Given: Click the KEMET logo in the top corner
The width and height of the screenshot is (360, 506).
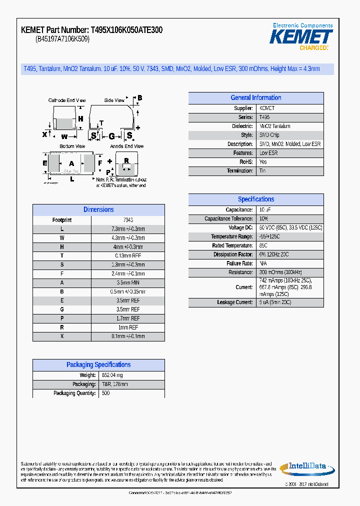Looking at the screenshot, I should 301,37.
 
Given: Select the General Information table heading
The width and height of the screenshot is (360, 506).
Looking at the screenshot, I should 255,98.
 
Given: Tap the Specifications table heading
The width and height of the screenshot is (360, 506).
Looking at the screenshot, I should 255,199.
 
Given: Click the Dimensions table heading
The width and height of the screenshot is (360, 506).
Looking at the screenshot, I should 98,210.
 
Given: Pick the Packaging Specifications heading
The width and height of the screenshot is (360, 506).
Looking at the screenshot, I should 98,365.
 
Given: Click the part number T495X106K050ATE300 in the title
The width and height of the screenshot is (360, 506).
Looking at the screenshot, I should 126,30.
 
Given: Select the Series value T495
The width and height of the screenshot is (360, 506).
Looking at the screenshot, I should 264,117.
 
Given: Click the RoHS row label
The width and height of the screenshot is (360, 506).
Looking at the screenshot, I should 246,162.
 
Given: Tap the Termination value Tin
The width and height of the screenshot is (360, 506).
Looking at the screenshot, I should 262,171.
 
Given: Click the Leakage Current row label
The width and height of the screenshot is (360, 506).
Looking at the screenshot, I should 234,302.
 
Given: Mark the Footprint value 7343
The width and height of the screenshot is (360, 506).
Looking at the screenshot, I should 128,220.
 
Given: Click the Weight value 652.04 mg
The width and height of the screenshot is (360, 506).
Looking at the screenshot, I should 112,375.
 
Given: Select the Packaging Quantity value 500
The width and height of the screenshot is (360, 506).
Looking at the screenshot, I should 105,393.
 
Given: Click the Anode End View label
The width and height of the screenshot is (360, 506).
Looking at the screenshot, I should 126,146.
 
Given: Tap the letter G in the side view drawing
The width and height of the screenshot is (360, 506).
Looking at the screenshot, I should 111,135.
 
